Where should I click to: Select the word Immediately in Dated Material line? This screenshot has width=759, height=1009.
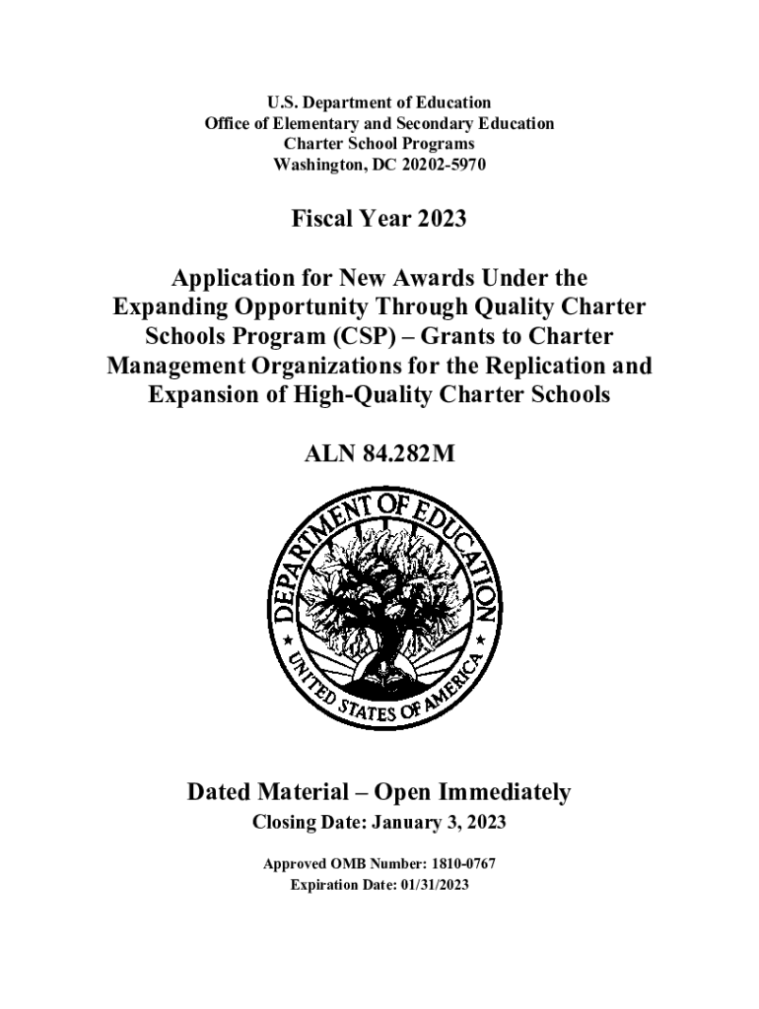click(499, 792)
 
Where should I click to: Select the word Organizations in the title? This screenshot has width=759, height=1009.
click(316, 367)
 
